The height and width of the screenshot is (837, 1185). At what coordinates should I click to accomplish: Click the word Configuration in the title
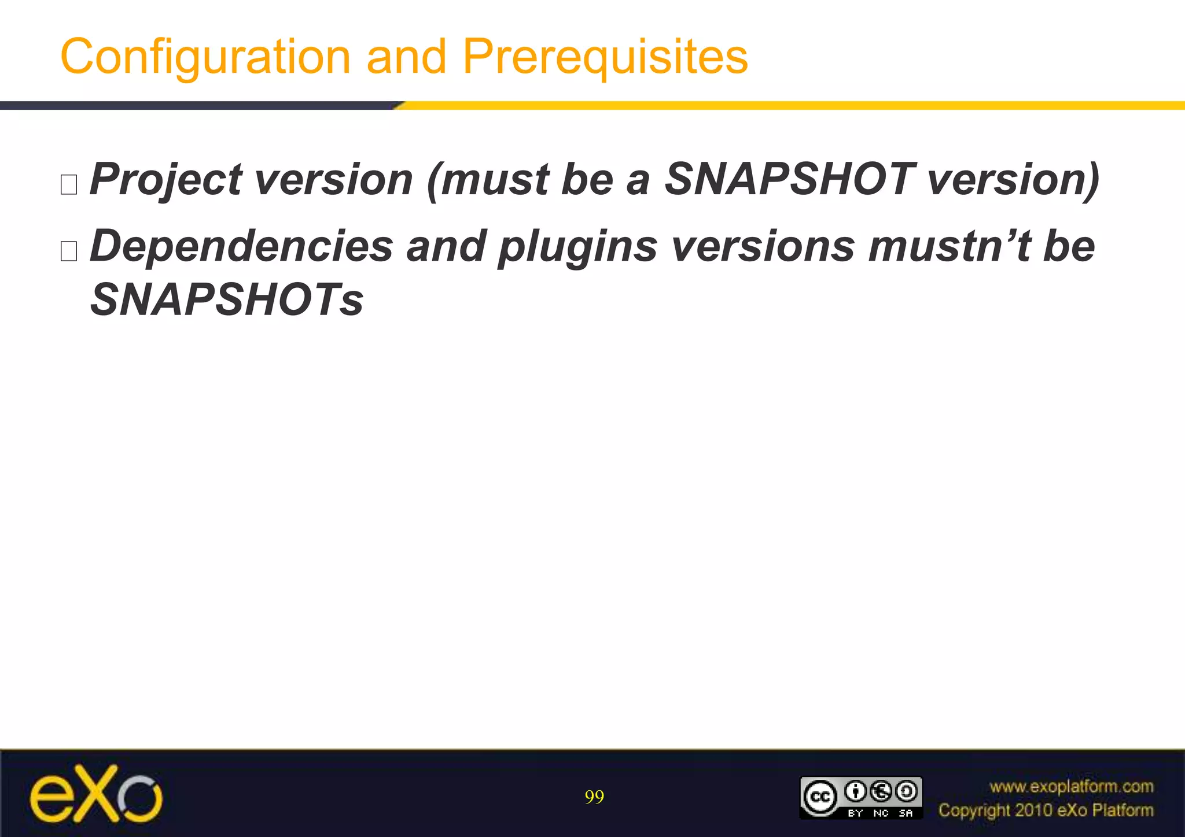pos(205,57)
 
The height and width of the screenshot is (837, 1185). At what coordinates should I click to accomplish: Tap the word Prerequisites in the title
pos(605,57)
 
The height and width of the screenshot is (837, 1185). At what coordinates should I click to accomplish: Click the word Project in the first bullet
pos(165,179)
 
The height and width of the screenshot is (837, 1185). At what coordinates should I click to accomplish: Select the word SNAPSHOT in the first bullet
pos(789,179)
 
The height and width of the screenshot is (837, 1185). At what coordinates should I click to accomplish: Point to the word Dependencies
pos(241,246)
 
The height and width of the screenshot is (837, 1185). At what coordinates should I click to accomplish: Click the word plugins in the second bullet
pos(577,246)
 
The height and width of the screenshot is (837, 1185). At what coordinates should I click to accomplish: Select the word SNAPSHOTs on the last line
pos(227,299)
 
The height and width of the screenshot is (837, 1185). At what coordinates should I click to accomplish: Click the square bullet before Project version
pos(69,185)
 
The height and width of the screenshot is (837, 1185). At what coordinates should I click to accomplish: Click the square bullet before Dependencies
pos(69,251)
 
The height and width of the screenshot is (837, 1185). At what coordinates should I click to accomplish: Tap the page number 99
pos(594,797)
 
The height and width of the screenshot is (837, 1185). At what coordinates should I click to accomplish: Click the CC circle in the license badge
pos(820,797)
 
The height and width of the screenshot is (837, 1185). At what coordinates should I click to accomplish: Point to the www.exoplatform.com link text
pos(1071,787)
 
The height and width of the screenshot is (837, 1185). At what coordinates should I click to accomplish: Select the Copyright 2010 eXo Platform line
pos(1046,810)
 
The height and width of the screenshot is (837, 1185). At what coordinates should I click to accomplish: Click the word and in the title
pos(406,57)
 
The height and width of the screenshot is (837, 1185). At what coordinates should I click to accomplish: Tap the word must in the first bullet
pos(494,179)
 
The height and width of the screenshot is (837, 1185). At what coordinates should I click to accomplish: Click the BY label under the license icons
pos(855,813)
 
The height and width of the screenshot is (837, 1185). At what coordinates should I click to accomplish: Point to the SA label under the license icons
pos(906,813)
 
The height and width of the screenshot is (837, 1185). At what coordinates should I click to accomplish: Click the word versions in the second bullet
pos(763,246)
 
